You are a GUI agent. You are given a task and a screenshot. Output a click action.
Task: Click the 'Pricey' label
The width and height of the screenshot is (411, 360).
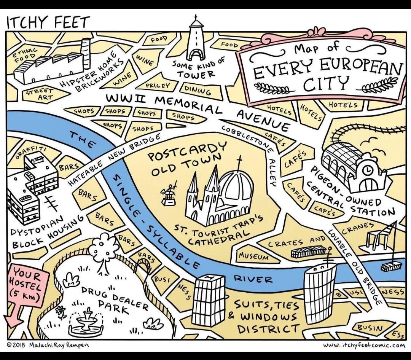pyautogui.click(x=157, y=86)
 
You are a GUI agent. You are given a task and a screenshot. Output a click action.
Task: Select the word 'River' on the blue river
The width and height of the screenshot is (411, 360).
pyautogui.click(x=253, y=279)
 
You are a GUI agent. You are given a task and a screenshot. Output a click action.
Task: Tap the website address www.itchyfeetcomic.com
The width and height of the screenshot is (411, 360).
pyautogui.click(x=364, y=346)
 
